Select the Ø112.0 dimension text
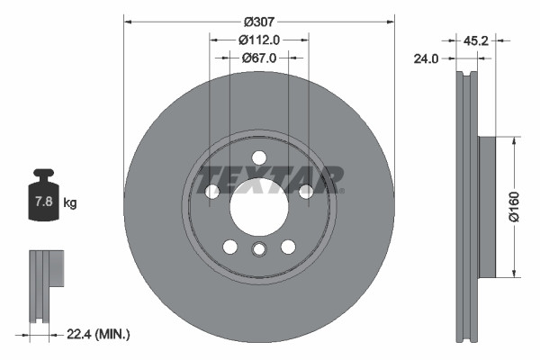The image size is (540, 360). [x=259, y=39]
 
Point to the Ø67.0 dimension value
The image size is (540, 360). [x=259, y=57]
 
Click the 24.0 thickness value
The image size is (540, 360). [x=426, y=60]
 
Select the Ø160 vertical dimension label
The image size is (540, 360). [x=514, y=206]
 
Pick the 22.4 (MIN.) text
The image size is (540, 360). [x=100, y=334]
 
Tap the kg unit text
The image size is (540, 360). [x=70, y=203]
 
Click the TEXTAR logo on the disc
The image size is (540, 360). [x=270, y=178]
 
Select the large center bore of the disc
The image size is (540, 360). [x=258, y=206]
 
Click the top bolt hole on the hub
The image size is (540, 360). [x=259, y=157]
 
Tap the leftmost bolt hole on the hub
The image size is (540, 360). [x=212, y=192]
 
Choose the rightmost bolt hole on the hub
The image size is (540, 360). [x=306, y=191]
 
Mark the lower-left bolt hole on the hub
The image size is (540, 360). [x=230, y=247]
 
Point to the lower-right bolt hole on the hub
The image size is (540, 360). [x=288, y=247]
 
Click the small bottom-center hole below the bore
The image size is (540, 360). [x=259, y=250]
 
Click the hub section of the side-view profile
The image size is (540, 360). [x=486, y=207]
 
